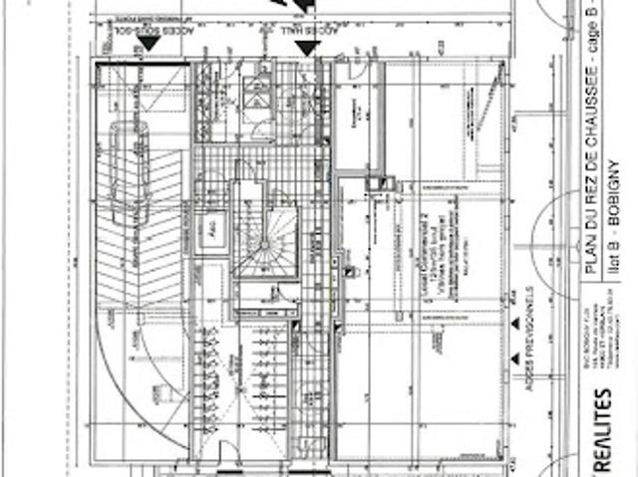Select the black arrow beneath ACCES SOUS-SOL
click(x=145, y=49)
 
